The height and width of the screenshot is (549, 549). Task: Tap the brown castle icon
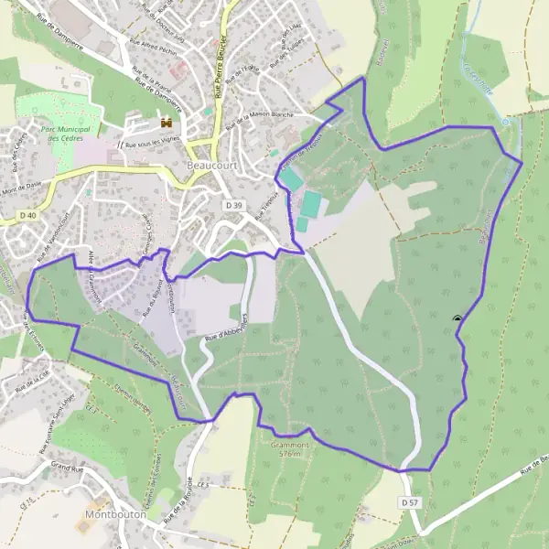(x=167, y=122)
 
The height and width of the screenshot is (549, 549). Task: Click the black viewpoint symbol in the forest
(x=457, y=318)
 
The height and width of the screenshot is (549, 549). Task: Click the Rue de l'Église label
(x=241, y=72)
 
